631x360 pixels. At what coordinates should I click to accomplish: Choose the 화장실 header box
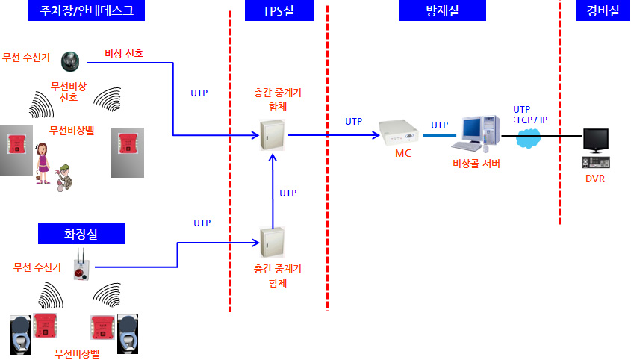[x=81, y=235]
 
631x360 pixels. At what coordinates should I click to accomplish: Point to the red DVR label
[x=595, y=179]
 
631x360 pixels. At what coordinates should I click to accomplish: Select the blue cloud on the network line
[x=530, y=137]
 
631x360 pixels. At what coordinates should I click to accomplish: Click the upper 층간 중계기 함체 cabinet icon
[x=272, y=135]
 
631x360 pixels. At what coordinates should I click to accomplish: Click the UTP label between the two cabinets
[x=287, y=193]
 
